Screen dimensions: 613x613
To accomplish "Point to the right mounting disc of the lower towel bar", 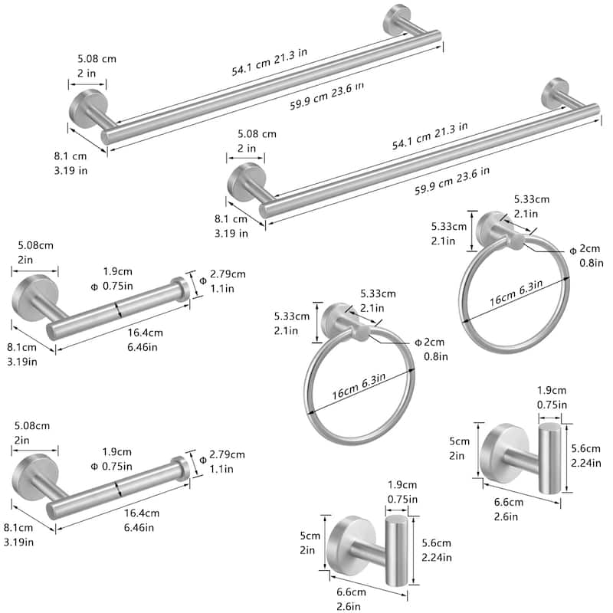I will coord(554,92).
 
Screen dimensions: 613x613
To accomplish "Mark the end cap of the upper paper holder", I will coord(180,292).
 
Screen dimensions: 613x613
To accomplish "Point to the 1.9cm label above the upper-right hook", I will coord(552,390).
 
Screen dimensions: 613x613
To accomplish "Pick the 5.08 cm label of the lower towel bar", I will coord(257,133).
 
